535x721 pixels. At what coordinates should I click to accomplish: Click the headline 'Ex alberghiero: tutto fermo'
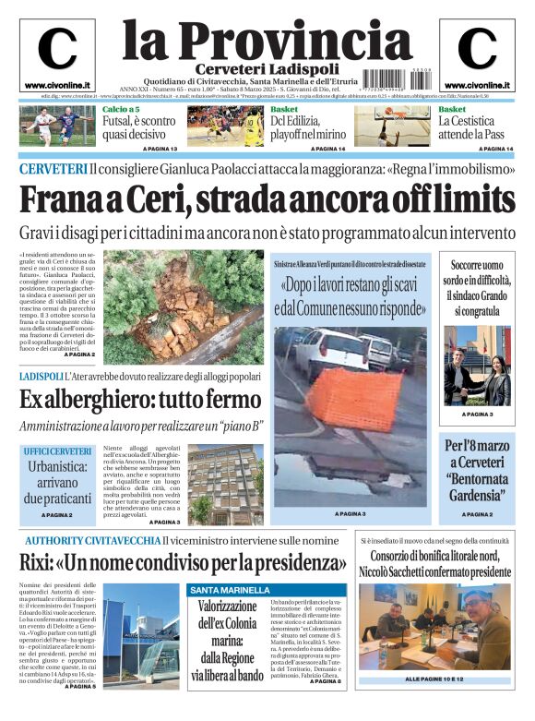click(x=140, y=400)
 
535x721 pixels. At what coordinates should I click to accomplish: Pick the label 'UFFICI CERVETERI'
click(x=58, y=451)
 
